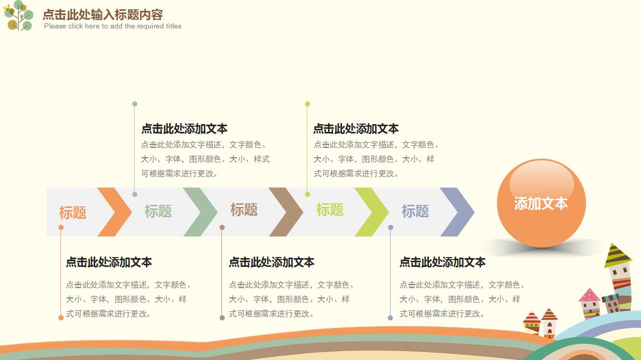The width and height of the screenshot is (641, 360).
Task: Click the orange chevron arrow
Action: (116, 212)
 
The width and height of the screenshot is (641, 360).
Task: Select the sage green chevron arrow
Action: (202, 212)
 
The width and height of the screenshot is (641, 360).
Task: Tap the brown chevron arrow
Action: (288, 212)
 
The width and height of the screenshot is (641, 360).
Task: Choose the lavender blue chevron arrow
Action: (459, 212)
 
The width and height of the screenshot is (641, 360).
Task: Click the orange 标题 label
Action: (72, 213)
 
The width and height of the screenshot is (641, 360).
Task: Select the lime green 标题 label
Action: (330, 210)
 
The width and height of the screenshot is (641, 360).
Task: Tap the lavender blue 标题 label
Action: (415, 211)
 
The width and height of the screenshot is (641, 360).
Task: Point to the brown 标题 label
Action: (244, 210)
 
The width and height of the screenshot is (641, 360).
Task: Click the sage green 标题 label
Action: (158, 211)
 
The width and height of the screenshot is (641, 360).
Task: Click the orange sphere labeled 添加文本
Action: (541, 203)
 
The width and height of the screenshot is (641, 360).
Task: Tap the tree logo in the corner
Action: (18, 15)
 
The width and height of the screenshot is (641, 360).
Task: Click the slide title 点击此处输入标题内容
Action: (102, 14)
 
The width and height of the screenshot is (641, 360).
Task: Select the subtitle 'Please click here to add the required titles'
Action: (113, 26)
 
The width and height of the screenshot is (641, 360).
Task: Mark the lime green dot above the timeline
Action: (307, 104)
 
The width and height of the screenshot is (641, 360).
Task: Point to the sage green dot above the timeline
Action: (135, 104)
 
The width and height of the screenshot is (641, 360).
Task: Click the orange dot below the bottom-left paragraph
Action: (61, 318)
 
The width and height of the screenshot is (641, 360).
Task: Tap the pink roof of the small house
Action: (589, 295)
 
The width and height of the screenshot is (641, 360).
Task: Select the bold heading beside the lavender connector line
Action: (442, 262)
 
